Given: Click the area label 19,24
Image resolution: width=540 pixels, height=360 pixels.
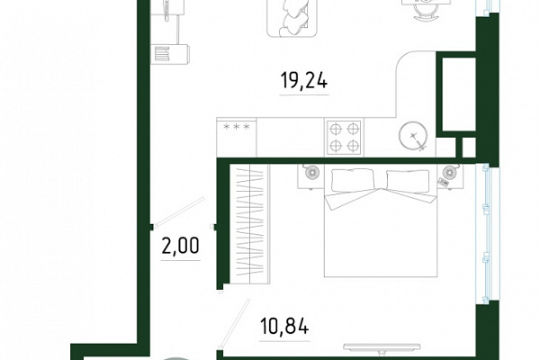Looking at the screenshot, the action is [x=304, y=81].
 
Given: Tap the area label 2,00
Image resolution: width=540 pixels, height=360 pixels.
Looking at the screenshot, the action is [x=181, y=246].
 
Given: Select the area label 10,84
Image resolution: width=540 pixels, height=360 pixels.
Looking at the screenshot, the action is [x=284, y=326].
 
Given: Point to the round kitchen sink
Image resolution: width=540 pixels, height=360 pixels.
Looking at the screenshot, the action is [x=414, y=136].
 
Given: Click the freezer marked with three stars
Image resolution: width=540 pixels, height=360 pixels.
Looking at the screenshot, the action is [x=237, y=137].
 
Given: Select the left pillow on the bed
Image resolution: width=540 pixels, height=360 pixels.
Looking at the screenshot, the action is [x=353, y=180].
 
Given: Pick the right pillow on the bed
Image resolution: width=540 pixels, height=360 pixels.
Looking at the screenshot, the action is [x=408, y=181].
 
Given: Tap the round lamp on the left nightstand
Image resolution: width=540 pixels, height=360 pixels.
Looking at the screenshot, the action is [x=311, y=172].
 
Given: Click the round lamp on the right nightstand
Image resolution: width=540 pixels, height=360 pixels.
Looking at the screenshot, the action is [x=449, y=172].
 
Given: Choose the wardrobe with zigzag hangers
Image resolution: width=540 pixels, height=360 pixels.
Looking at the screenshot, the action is [x=249, y=224].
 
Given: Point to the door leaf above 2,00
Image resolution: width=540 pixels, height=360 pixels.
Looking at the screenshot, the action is [x=179, y=212].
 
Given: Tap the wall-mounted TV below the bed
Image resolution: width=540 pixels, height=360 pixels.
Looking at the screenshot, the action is [x=382, y=347].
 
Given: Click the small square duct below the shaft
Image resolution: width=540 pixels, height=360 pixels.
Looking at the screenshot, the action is [x=466, y=147].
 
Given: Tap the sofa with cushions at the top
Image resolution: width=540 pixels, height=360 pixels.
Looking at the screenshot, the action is [x=292, y=17].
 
